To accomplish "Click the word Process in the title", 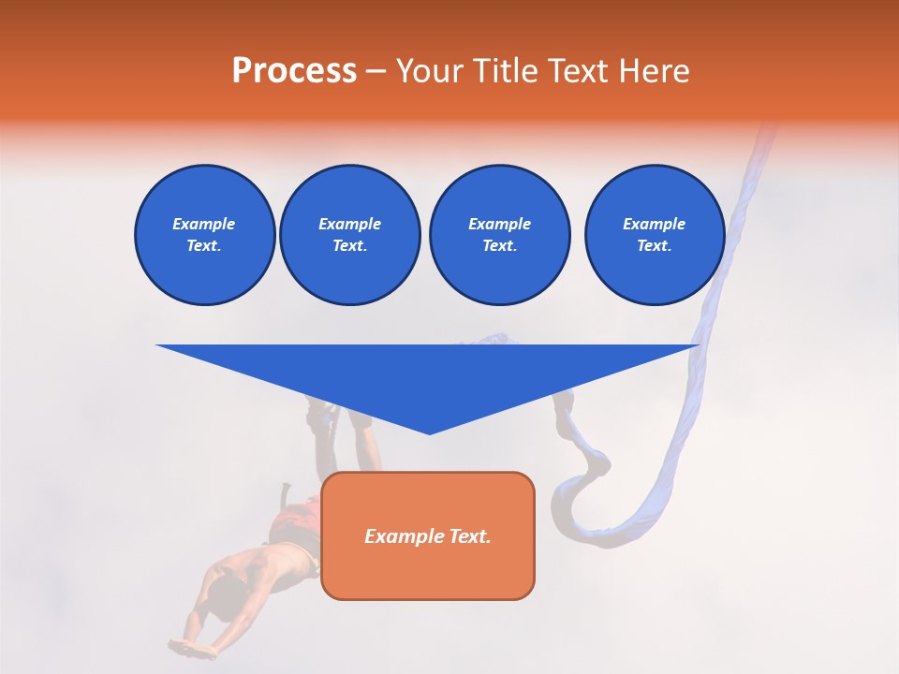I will click(294, 71).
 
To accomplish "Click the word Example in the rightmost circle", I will click(654, 224).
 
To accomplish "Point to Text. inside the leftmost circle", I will click(204, 246).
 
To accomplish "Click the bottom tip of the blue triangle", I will click(429, 432).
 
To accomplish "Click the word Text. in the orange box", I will click(469, 536).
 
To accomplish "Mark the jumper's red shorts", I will click(298, 519).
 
